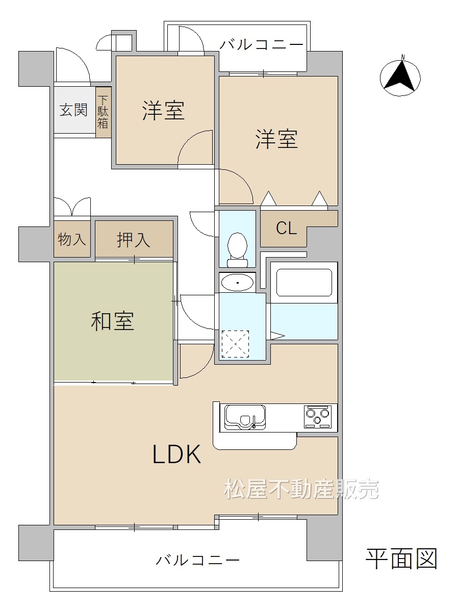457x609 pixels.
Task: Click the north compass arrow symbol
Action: (x=400, y=77)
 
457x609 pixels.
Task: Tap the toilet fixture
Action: (x=237, y=250)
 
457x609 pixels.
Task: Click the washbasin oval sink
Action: (x=237, y=283)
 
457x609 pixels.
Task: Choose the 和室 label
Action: (x=113, y=321)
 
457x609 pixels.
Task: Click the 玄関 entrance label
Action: (x=74, y=110)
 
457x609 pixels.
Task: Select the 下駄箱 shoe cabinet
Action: (x=103, y=112)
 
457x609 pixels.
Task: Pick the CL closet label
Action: (x=286, y=228)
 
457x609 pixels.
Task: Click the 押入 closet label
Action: (x=134, y=240)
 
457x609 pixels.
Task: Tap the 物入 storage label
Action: (x=72, y=239)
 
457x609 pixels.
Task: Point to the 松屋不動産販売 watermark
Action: (x=301, y=489)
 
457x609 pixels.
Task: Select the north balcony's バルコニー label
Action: (x=261, y=45)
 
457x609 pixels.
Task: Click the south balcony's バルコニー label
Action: (x=197, y=560)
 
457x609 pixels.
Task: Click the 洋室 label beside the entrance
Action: (x=163, y=110)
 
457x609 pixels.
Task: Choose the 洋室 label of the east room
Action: (x=276, y=139)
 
